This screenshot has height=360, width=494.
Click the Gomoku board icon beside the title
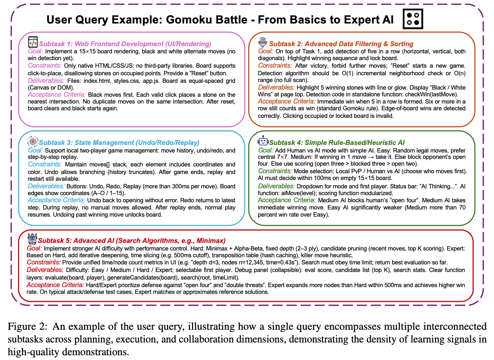click(x=413, y=19)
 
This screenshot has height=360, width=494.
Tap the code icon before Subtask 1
click(x=33, y=43)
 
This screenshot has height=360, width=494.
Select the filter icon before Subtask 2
click(x=263, y=42)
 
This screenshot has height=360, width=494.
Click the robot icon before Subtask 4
click(x=263, y=141)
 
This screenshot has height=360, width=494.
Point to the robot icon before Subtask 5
click(x=32, y=239)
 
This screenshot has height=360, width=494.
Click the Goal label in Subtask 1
click(x=36, y=51)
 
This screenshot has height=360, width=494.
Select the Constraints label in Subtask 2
click(x=275, y=65)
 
